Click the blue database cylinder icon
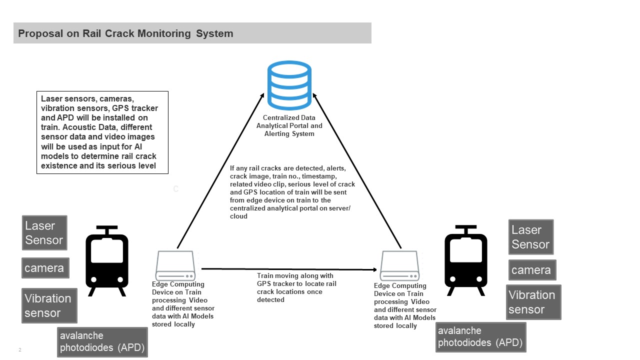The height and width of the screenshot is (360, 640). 289,85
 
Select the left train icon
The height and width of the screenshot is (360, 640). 107,260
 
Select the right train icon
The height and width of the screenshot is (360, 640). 466,260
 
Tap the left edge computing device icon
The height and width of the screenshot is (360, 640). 174,265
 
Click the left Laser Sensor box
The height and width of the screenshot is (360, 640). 44,233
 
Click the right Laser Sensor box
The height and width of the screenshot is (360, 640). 530,237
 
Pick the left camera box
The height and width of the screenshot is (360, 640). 45,268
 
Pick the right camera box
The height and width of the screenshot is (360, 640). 531,270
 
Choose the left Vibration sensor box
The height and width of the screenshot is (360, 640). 49,305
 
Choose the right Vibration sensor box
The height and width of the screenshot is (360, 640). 533,302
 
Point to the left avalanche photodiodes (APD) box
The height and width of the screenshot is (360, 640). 102,342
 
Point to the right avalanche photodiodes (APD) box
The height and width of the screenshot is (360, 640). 480,337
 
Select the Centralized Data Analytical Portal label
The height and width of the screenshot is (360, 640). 289,126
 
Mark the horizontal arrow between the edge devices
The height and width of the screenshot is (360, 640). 288,269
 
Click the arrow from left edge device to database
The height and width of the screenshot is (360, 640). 220,171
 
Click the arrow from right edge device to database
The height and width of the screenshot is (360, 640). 357,171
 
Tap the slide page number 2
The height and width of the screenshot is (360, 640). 20,350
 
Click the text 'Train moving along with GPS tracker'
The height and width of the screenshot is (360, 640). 296,279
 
